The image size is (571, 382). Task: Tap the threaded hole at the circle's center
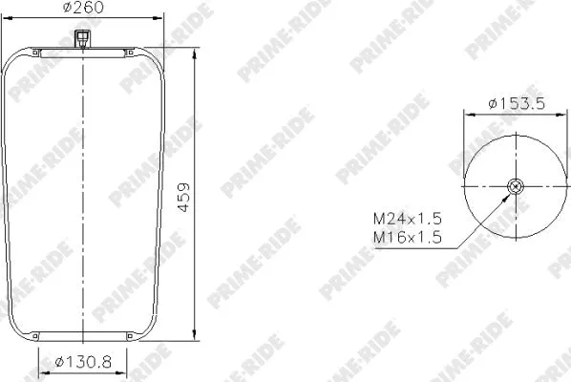(516, 187)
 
